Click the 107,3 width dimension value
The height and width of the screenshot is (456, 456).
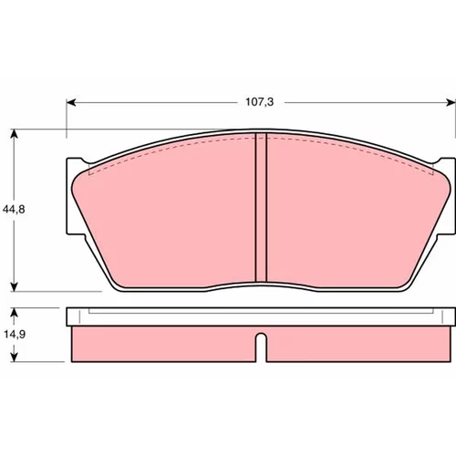pyautogui.click(x=260, y=102)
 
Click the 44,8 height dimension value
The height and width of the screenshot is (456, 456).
pyautogui.click(x=14, y=209)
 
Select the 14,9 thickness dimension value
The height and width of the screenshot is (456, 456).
pyautogui.click(x=15, y=335)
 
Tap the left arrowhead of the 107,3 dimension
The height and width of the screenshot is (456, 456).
pyautogui.click(x=71, y=102)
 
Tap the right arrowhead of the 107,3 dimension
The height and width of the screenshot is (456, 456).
pyautogui.click(x=451, y=102)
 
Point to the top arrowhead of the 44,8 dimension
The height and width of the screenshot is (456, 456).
pyautogui.click(x=14, y=134)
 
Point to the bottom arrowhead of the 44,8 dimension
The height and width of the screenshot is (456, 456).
pyautogui.click(x=14, y=286)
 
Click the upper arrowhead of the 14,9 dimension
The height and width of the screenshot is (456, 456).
pyautogui.click(x=14, y=313)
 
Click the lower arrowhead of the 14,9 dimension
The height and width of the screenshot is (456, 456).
pyautogui.click(x=14, y=358)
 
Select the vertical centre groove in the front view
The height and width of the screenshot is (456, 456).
pyautogui.click(x=261, y=207)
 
